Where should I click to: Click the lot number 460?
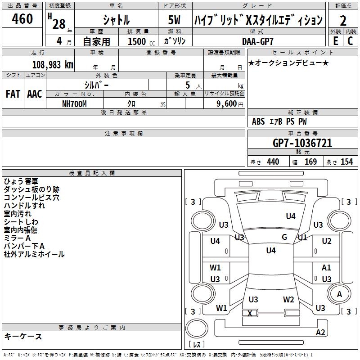pos(22,19)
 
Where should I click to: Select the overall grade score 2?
pos(343,20)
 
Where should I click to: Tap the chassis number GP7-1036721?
pos(302,143)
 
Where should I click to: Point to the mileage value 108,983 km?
pos(52,64)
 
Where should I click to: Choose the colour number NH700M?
pos(74,103)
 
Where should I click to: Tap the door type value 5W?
pos(174,20)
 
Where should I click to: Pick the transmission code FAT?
pos(13,94)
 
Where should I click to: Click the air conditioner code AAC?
pos(35,94)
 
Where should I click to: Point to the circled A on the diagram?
pos(339,294)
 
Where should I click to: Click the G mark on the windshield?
pos(284,237)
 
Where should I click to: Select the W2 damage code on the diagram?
pos(288,299)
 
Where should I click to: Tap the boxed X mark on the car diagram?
pos(250,313)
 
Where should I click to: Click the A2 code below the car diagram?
pos(320,333)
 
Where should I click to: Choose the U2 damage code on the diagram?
pos(327,241)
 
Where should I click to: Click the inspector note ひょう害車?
pos(21,181)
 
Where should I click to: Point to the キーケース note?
pos(23,336)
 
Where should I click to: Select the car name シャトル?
pos(116,20)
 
